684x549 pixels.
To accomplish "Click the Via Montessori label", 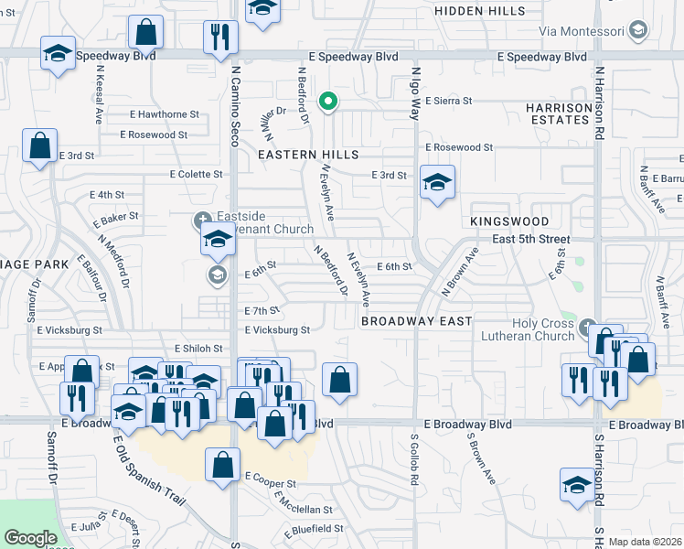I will point(581,31).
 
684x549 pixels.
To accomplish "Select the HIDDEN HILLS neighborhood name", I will point(480,11).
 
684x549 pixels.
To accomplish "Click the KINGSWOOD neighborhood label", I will point(509,221).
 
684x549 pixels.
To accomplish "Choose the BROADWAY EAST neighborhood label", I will point(416,321).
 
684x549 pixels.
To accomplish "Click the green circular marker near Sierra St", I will point(326,101).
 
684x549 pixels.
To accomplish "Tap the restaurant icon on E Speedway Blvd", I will point(219,37).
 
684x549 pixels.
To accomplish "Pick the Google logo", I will point(30,538).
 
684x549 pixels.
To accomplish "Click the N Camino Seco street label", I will point(235,104).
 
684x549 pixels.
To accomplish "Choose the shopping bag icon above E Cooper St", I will point(222,465).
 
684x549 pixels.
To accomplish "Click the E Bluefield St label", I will point(314,529).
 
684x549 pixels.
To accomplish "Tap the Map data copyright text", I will point(644,541).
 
